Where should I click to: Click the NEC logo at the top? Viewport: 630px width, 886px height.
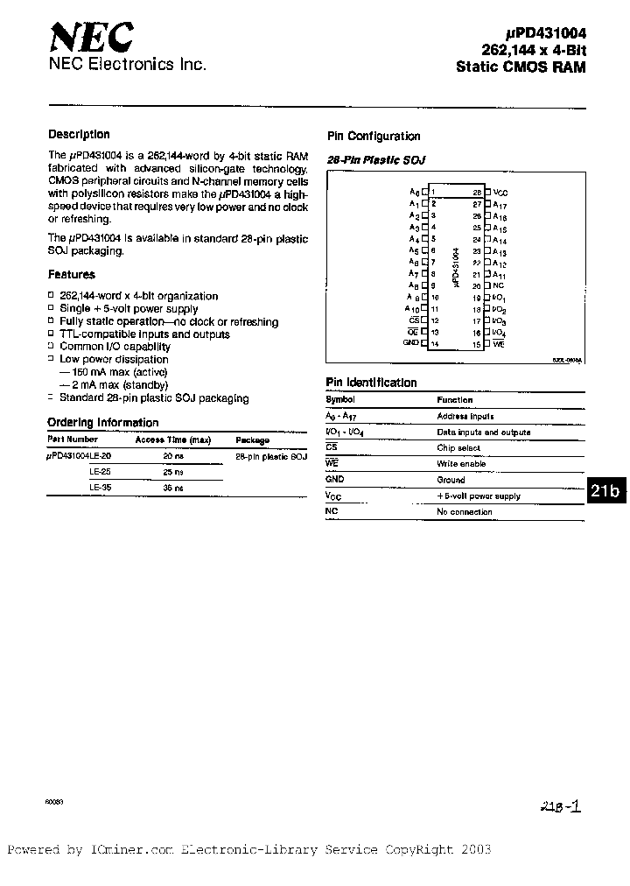click(91, 38)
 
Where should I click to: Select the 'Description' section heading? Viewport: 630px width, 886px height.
click(79, 135)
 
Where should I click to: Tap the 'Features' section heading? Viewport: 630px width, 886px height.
click(72, 275)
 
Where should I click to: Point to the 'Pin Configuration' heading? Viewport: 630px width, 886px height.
click(374, 137)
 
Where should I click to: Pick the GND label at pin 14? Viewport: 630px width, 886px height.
click(411, 342)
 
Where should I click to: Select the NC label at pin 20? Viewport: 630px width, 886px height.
click(498, 285)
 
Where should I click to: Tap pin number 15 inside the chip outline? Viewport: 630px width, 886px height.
click(478, 344)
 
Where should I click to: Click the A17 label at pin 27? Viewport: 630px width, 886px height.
click(500, 203)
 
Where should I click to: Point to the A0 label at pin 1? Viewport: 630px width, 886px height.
click(415, 191)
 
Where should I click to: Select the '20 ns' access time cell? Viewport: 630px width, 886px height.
click(173, 457)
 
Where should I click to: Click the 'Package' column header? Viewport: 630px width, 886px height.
click(253, 441)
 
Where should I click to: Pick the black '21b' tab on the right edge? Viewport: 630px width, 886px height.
click(605, 491)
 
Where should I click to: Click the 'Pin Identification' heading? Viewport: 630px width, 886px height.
click(371, 383)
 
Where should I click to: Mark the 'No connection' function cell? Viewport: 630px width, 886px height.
click(465, 512)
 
